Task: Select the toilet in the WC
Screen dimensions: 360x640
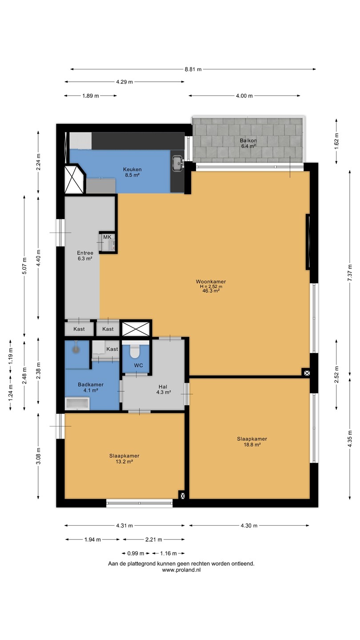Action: (134, 352)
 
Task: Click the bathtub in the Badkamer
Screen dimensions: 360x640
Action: (77, 404)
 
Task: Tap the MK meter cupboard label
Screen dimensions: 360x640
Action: (107, 237)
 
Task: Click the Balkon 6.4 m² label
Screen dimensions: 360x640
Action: (248, 143)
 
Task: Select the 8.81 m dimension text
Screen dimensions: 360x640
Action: (193, 69)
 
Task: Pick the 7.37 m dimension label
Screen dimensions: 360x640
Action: (350, 273)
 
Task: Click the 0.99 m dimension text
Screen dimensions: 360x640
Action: (136, 553)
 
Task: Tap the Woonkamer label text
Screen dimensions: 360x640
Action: (211, 281)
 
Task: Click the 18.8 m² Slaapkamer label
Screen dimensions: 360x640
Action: (252, 441)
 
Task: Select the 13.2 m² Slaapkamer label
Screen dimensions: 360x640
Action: (124, 459)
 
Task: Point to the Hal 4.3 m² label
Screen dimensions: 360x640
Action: (163, 389)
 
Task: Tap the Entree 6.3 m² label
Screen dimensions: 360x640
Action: (85, 256)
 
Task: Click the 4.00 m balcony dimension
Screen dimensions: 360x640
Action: (244, 96)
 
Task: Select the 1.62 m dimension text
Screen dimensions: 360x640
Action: (336, 141)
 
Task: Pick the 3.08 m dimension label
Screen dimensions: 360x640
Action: (38, 456)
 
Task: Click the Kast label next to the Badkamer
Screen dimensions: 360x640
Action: (112, 349)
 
